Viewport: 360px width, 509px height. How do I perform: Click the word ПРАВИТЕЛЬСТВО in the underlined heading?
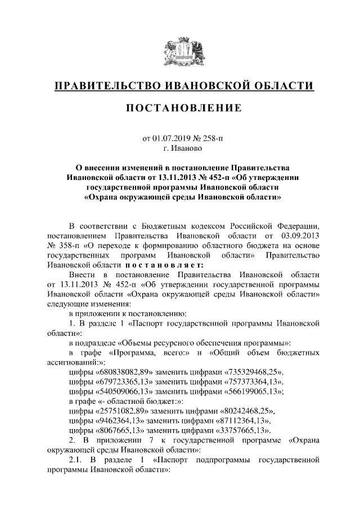[x=104, y=85]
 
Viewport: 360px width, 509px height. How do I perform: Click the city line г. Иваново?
[x=180, y=148]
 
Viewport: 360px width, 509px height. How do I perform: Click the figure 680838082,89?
[x=127, y=372]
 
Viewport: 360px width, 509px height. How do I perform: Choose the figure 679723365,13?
[x=127, y=382]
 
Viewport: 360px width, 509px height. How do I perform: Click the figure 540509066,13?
[x=127, y=393]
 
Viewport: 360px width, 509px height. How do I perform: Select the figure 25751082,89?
[x=124, y=413]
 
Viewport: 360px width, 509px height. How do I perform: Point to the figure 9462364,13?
[x=122, y=423]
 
